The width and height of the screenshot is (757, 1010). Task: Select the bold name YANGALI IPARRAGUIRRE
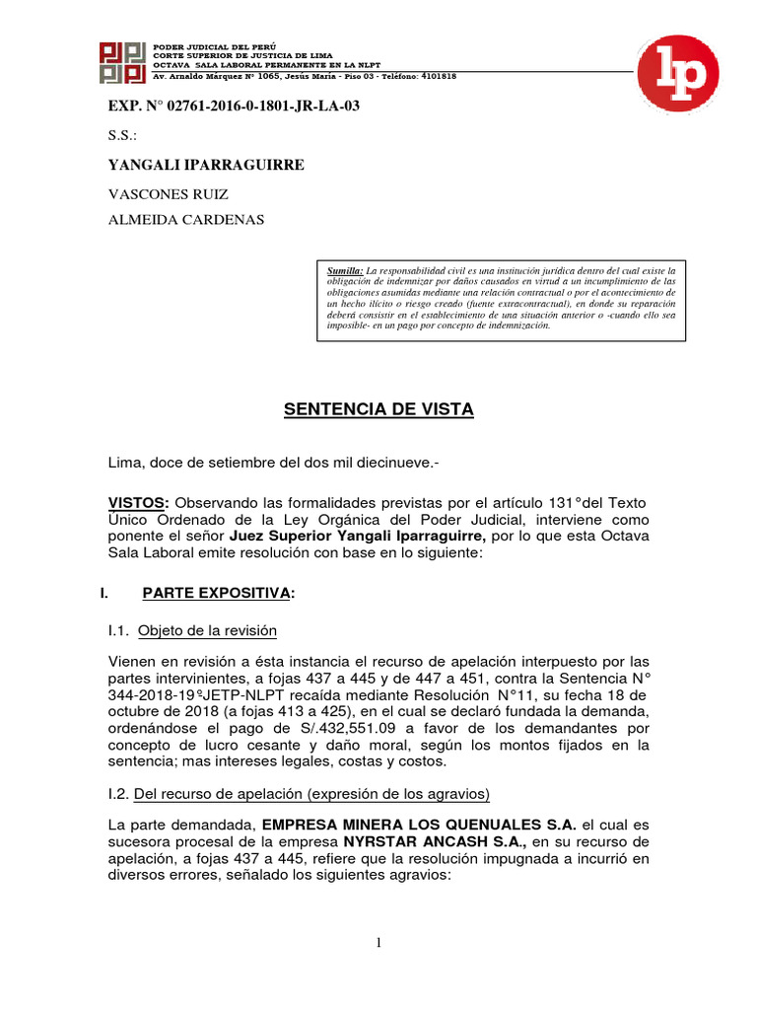[205, 165]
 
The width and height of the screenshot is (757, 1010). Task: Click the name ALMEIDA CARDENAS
[185, 220]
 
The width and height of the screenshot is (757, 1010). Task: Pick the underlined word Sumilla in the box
[345, 269]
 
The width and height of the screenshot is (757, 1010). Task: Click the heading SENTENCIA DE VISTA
[378, 409]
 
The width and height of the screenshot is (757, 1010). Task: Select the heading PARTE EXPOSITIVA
[218, 593]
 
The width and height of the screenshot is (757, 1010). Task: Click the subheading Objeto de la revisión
[207, 630]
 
